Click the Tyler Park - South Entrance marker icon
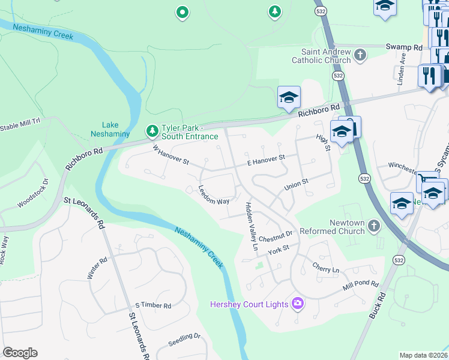(152, 130)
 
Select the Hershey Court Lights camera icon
(297, 304)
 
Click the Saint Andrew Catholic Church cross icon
(360, 55)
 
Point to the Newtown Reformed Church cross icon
(374, 226)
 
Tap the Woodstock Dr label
(32, 193)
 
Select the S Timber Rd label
(153, 305)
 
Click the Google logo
(20, 353)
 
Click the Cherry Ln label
(325, 265)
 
